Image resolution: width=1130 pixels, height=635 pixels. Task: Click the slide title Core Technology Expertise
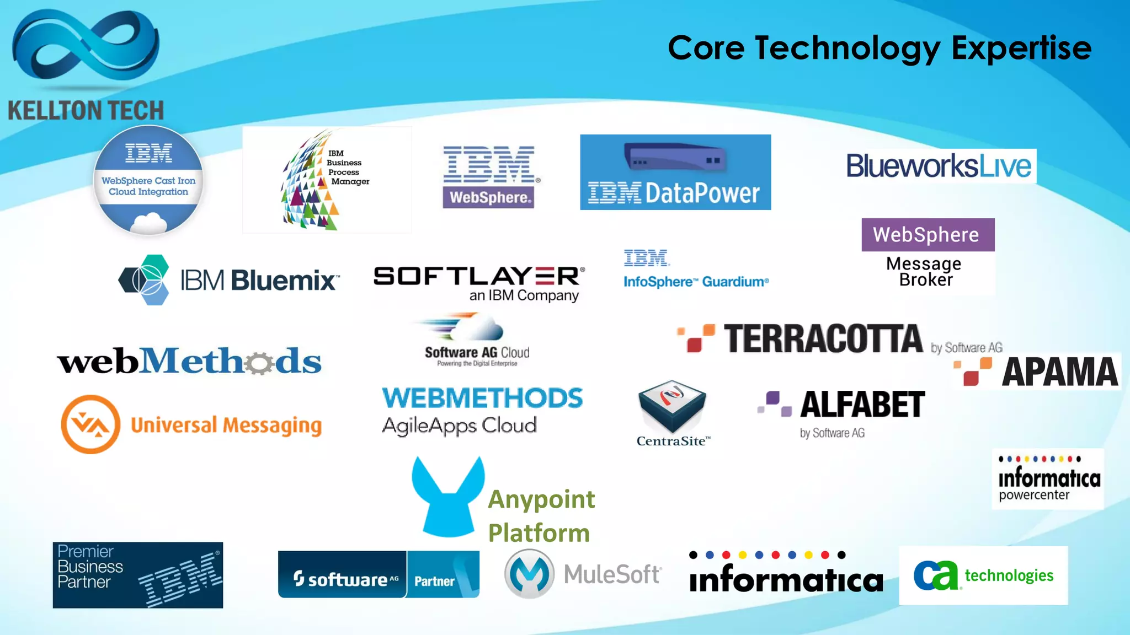879,48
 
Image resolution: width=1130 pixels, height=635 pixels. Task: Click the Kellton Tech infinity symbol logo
86,47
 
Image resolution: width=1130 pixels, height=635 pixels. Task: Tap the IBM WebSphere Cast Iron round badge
148,180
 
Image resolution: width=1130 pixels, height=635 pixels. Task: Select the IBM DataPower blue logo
675,172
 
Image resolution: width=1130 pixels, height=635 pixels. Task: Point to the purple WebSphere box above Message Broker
928,235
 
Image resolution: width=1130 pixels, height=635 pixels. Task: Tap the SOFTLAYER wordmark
478,276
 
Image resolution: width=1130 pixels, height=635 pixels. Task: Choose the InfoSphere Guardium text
696,282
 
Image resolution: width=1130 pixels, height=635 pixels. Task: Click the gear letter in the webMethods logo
259,363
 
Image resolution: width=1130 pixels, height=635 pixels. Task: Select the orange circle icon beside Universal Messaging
90,424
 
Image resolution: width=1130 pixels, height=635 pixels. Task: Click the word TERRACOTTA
823,338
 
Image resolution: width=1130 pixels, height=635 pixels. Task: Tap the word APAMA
1059,372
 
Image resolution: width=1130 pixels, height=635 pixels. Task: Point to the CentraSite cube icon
671,406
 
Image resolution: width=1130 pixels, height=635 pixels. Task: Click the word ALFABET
862,405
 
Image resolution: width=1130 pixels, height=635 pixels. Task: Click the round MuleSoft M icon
529,574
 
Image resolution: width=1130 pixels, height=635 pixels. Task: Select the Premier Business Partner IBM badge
138,575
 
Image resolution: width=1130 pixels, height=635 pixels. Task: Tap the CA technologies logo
983,575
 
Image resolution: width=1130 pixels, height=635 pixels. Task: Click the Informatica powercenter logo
1048,479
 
